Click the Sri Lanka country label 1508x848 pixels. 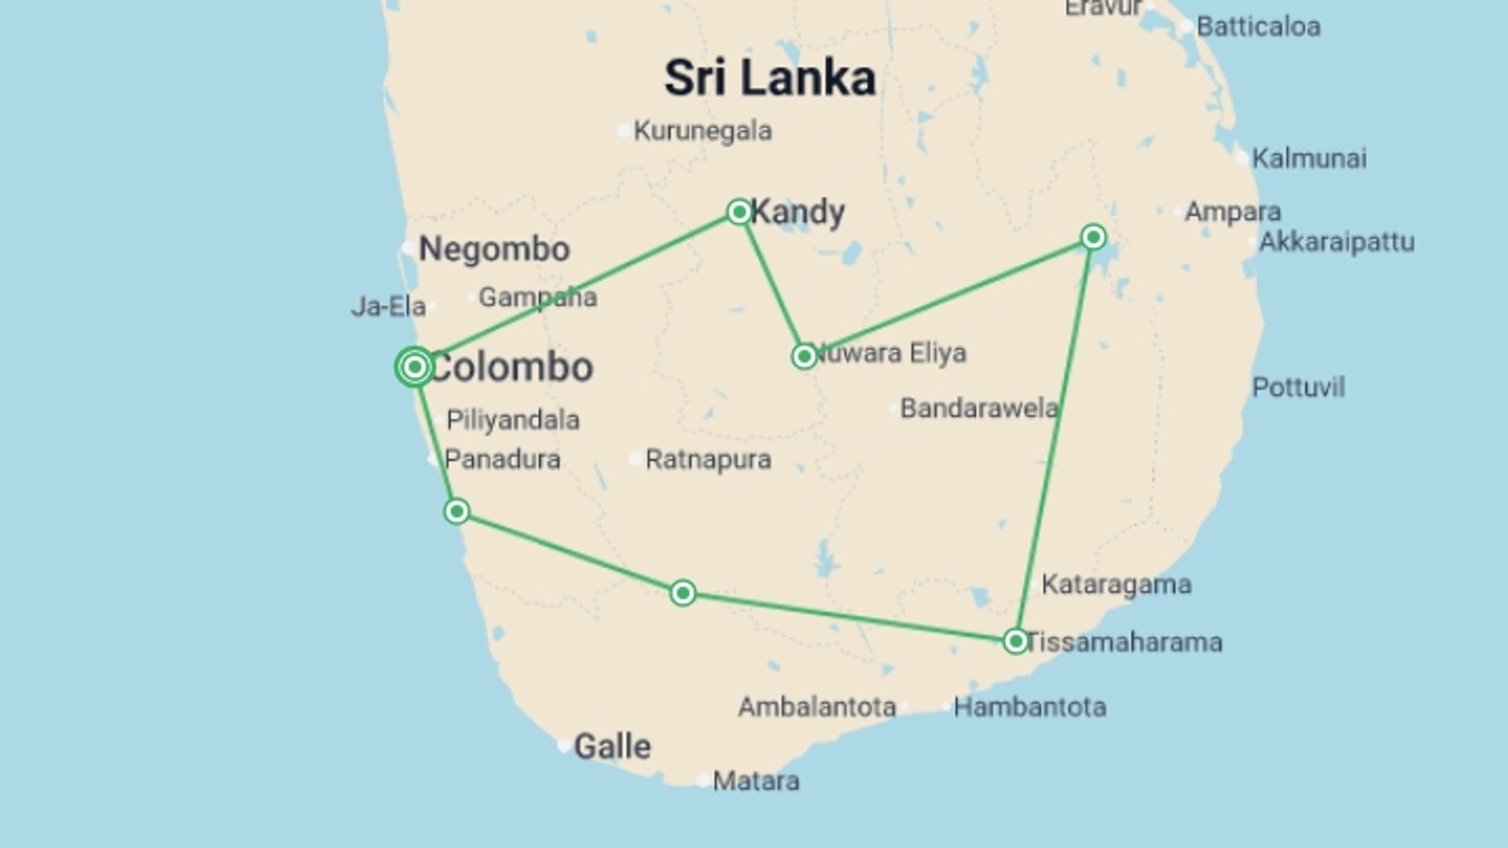click(x=769, y=78)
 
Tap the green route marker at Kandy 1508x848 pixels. click(x=739, y=211)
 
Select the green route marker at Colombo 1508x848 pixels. click(x=415, y=367)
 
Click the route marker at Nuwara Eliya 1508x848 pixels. click(x=804, y=356)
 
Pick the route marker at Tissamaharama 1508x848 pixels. click(x=1016, y=641)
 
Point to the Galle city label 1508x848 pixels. click(x=612, y=746)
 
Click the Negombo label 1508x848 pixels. click(x=494, y=249)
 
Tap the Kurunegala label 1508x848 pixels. click(x=702, y=130)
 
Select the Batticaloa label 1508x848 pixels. click(x=1258, y=27)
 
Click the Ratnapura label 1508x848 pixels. click(x=708, y=459)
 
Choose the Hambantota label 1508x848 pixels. click(x=1030, y=707)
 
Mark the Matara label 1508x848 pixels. click(x=756, y=780)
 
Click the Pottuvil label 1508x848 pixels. click(x=1298, y=387)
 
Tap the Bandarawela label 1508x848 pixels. click(x=979, y=408)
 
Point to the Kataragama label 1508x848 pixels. click(x=1116, y=584)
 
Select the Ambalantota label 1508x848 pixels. click(x=817, y=707)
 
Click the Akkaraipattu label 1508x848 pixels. click(x=1337, y=242)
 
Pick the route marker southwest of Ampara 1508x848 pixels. click(x=1093, y=236)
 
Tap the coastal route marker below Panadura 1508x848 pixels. click(x=456, y=512)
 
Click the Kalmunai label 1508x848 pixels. click(x=1309, y=158)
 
